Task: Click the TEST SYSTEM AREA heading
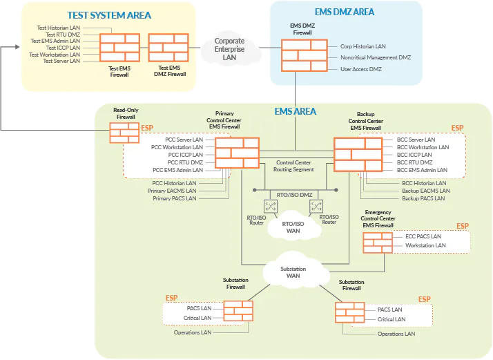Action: pos(109,15)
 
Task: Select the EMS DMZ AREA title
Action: pos(345,12)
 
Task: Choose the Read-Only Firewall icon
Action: pos(124,133)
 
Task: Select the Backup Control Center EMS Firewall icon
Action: pos(358,154)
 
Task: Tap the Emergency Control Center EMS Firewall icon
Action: pos(378,241)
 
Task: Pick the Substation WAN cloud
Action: pos(293,272)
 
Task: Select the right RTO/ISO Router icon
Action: pos(316,206)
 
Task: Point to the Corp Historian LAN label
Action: pos(363,46)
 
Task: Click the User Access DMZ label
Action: pos(362,69)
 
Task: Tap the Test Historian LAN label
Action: pos(58,28)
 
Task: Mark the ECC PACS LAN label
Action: pos(425,236)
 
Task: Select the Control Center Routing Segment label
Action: pos(294,165)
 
